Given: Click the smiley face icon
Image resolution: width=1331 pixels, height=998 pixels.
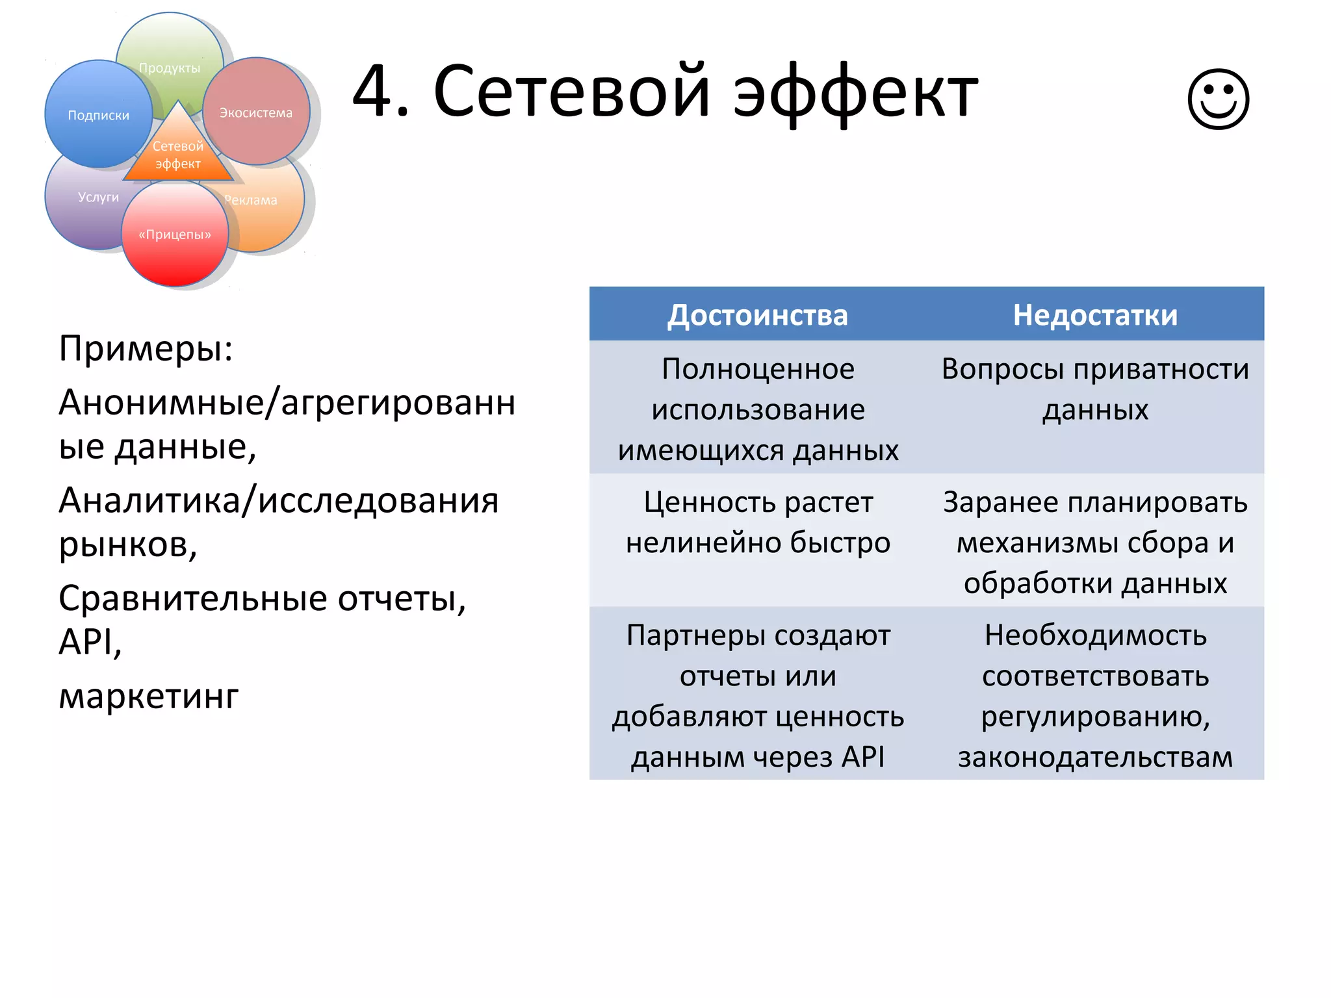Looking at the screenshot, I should pyautogui.click(x=1218, y=99).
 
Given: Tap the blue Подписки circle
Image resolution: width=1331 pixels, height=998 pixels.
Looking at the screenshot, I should pyautogui.click(x=98, y=115).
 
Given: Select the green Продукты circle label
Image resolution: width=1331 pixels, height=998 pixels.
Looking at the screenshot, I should pyautogui.click(x=170, y=68).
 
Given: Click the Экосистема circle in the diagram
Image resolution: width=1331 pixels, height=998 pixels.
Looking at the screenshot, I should pyautogui.click(x=256, y=112).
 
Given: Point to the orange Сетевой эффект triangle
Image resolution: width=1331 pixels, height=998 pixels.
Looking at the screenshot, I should pyautogui.click(x=178, y=155).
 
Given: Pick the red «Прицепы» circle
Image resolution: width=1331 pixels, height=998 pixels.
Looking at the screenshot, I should pyautogui.click(x=175, y=235).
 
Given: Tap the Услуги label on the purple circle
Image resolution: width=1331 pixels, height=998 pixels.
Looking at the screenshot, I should pyautogui.click(x=98, y=197).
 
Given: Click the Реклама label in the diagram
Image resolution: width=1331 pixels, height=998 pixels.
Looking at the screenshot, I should pyautogui.click(x=252, y=200).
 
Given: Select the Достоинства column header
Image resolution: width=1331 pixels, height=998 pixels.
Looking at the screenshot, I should pyautogui.click(x=757, y=315).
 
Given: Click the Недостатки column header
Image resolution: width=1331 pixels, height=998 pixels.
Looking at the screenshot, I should pyautogui.click(x=1095, y=315).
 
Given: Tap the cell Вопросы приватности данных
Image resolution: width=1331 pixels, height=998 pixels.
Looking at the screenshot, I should pyautogui.click(x=1095, y=389).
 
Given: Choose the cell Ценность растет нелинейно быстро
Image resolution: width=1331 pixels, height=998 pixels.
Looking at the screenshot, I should pyautogui.click(x=758, y=522).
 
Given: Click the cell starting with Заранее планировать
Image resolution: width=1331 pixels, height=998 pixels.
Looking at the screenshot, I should pyautogui.click(x=1095, y=542).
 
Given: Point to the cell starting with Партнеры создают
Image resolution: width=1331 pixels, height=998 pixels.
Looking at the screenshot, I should pyautogui.click(x=758, y=695).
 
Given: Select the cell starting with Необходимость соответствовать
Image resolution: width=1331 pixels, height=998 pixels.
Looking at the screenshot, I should pyautogui.click(x=1095, y=695).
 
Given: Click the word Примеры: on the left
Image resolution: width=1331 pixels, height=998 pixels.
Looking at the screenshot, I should pyautogui.click(x=146, y=349).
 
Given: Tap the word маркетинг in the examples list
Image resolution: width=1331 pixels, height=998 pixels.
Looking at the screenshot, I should pyautogui.click(x=149, y=696).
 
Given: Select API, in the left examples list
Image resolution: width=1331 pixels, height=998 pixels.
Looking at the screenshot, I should pyautogui.click(x=90, y=642).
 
